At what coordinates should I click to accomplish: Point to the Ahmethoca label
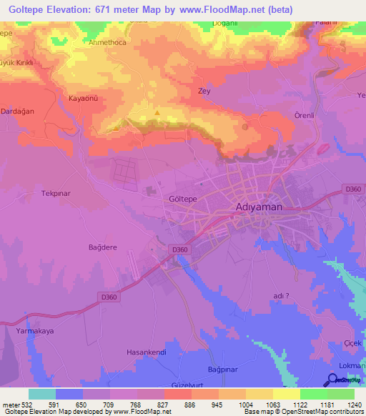click(107, 42)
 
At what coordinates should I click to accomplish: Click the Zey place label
click(203, 91)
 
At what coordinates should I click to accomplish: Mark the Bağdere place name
click(102, 247)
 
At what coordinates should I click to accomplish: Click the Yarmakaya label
click(36, 332)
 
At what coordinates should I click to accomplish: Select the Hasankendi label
click(146, 352)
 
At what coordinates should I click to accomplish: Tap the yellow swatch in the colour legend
click(286, 394)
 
